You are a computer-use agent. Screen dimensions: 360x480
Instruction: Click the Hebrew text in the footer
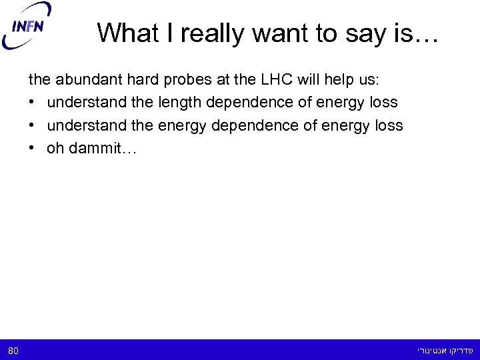click(445, 350)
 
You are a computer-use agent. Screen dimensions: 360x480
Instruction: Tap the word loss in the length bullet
click(383, 103)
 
